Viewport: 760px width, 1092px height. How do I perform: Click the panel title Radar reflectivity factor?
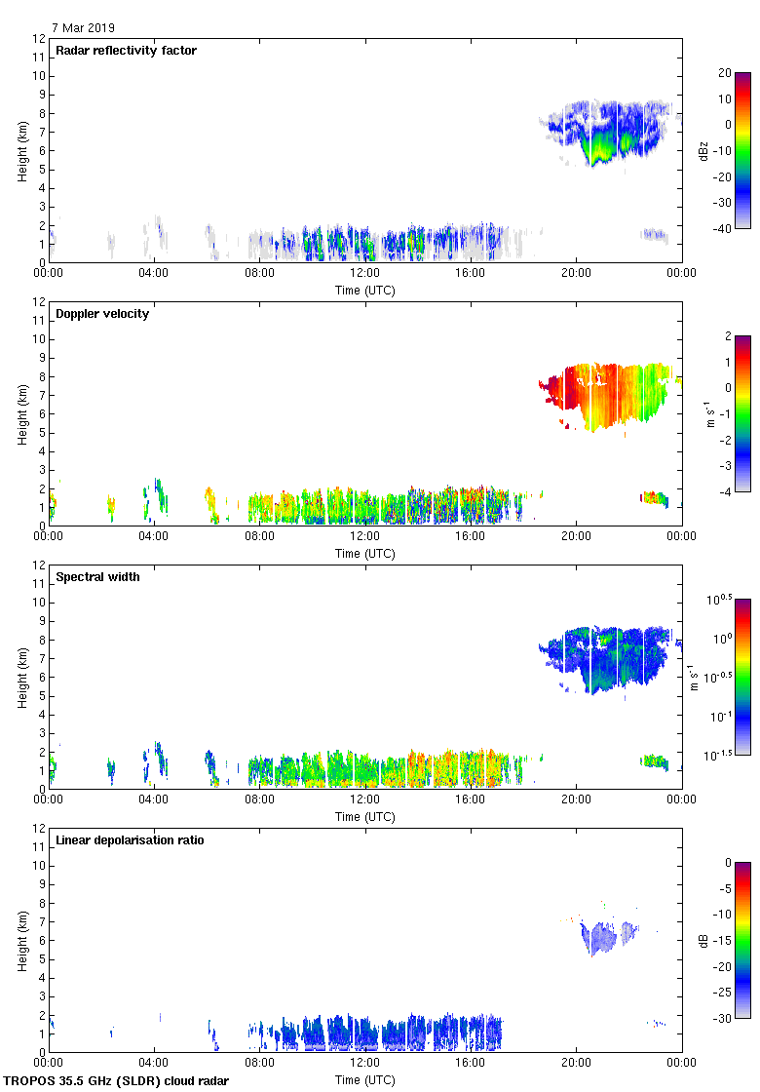point(126,51)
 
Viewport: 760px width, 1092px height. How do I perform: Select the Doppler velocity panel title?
point(102,314)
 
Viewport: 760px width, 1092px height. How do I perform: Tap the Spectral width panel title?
point(97,577)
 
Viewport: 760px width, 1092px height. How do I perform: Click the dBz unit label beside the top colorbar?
point(703,150)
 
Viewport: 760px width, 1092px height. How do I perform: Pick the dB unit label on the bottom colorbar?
point(703,940)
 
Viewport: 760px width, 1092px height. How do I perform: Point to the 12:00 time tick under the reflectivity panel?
point(364,273)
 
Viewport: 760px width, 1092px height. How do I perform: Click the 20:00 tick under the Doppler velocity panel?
point(576,536)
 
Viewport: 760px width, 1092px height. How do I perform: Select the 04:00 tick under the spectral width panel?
point(154,799)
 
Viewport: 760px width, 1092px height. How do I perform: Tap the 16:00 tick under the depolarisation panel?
point(471,1063)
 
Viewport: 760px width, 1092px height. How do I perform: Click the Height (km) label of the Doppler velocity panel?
point(20,413)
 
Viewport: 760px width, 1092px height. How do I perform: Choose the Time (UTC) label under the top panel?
point(364,290)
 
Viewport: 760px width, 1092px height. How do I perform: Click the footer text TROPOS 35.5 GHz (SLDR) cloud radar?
point(116,1081)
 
